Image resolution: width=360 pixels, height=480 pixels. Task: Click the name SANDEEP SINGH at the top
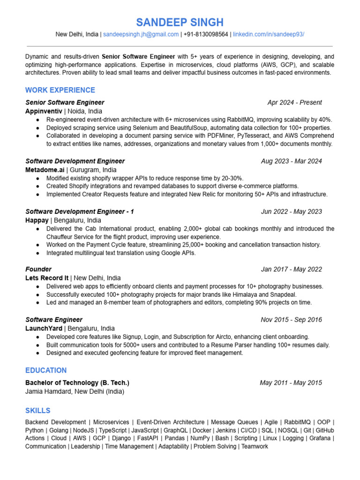tap(180, 22)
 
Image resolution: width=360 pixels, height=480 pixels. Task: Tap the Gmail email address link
tap(141, 34)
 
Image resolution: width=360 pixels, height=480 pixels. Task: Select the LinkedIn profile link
tap(269, 34)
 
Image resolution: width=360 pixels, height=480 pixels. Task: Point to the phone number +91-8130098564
tap(206, 34)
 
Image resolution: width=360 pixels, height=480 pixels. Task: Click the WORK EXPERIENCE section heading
tap(60, 90)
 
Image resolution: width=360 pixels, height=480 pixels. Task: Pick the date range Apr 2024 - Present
tap(294, 102)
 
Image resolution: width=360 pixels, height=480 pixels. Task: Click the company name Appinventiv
tap(44, 111)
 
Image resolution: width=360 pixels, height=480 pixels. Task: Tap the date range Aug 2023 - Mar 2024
tap(291, 161)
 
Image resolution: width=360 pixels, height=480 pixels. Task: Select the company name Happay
tap(37, 220)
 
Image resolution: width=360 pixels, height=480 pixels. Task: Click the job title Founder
tap(38, 269)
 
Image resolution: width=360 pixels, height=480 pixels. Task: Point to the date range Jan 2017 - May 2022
tap(291, 269)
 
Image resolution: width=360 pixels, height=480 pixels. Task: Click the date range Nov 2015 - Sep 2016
tap(291, 320)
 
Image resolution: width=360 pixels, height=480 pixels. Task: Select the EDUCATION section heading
tap(46, 370)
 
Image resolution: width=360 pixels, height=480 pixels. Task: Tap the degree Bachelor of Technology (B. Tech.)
tap(77, 382)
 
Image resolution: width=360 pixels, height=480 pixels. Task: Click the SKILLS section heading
tap(38, 411)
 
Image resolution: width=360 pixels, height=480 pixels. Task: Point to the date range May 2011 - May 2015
tap(291, 382)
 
